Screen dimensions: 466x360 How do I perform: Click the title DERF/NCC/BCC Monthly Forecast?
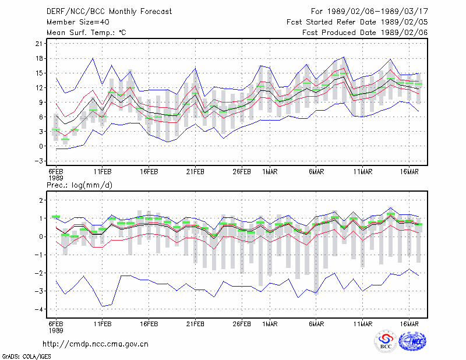pyautogui.click(x=109, y=12)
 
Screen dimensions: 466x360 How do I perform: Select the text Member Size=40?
pyautogui.click(x=78, y=22)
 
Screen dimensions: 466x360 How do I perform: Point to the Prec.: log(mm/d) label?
pyautogui.click(x=79, y=185)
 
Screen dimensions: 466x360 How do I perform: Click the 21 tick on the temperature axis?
pyautogui.click(x=39, y=44)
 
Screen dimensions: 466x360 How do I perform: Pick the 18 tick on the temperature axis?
pyautogui.click(x=39, y=58)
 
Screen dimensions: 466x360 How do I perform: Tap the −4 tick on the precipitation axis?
pyautogui.click(x=39, y=309)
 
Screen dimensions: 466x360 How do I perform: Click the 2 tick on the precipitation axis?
pyautogui.click(x=41, y=200)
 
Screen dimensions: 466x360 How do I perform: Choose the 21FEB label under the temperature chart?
pyautogui.click(x=195, y=172)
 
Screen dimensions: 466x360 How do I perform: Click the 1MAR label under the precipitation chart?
pyautogui.click(x=270, y=324)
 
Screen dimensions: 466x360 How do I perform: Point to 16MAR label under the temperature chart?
pyautogui.click(x=409, y=172)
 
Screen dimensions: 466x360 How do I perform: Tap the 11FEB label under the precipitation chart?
pyautogui.click(x=103, y=324)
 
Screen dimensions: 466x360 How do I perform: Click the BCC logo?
pyautogui.click(x=386, y=341)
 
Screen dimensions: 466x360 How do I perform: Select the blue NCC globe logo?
pyautogui.click(x=412, y=341)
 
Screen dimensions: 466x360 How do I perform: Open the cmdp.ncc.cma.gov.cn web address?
pyautogui.click(x=96, y=344)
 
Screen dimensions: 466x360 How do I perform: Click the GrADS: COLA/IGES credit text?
pyautogui.click(x=26, y=357)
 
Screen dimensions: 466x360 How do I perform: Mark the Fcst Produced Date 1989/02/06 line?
pyautogui.click(x=365, y=33)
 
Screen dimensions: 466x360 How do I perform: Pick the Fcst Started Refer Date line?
pyautogui.click(x=357, y=22)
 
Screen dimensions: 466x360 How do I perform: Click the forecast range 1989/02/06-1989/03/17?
pyautogui.click(x=377, y=12)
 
